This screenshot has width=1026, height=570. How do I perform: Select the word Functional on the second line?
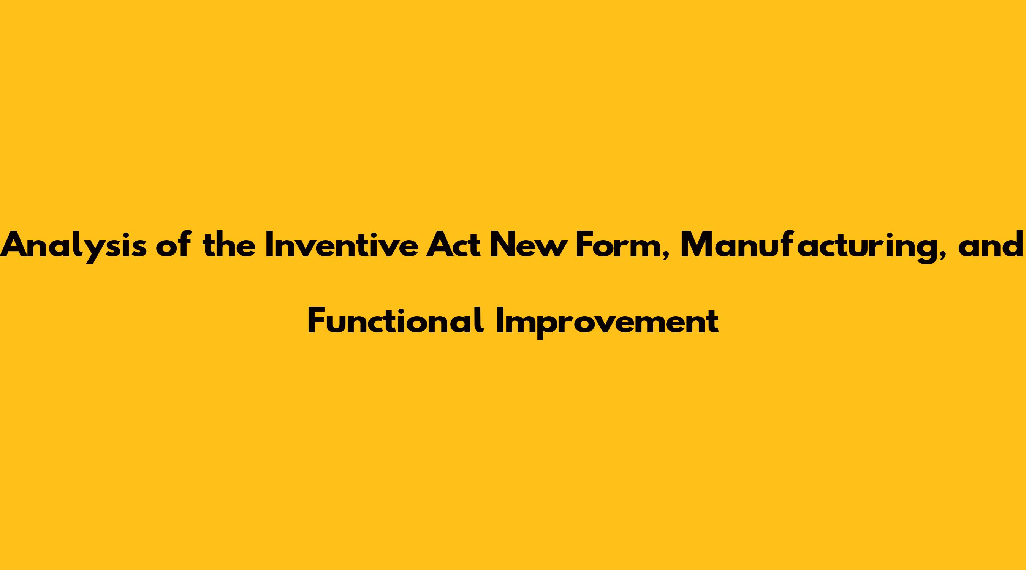pos(396,321)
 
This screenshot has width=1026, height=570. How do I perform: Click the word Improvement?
pos(607,323)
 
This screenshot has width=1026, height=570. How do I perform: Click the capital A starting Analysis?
pos(15,245)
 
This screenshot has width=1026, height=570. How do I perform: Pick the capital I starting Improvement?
pos(499,320)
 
